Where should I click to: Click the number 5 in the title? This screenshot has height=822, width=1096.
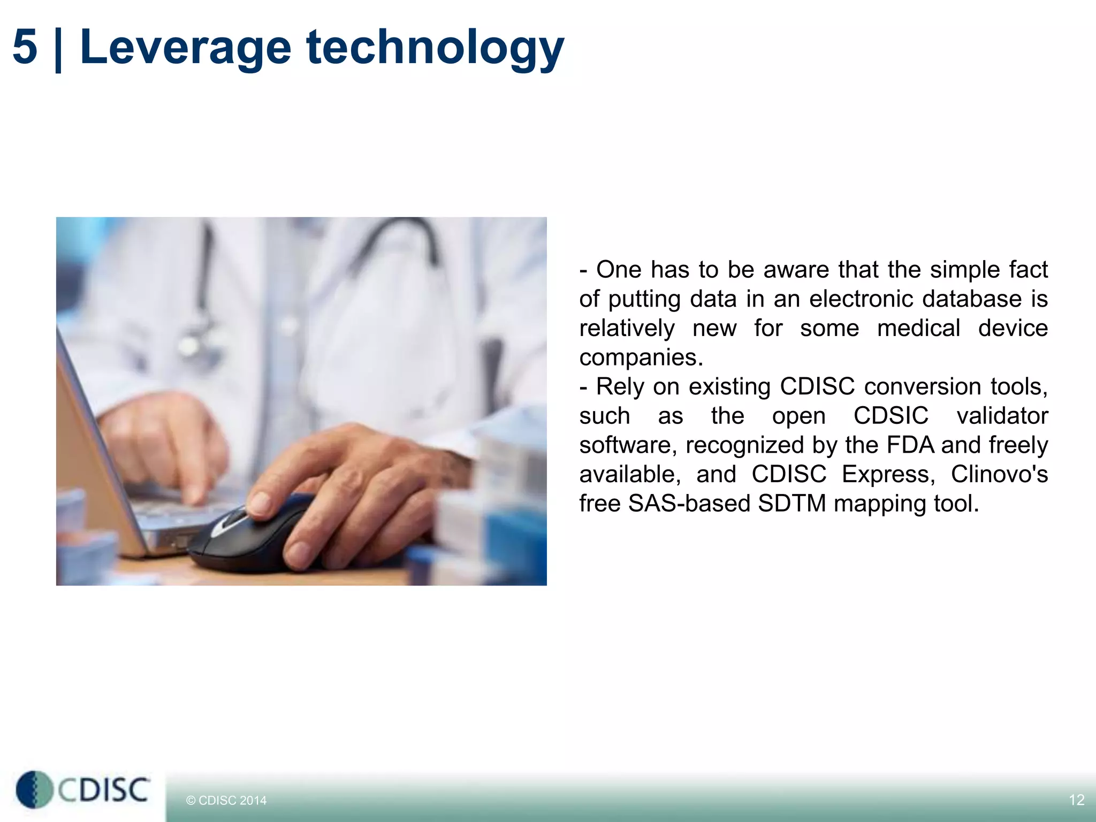(x=25, y=47)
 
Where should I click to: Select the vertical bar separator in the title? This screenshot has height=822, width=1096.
(x=58, y=49)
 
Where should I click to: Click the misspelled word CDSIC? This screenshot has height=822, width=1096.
(x=890, y=416)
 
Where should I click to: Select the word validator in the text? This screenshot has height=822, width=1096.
(x=1002, y=416)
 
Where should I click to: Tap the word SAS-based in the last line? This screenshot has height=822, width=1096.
(x=689, y=504)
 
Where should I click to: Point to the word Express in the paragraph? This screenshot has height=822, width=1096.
(x=887, y=474)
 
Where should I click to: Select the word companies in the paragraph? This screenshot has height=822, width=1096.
(x=641, y=357)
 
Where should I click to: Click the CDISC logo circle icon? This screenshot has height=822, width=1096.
(x=33, y=789)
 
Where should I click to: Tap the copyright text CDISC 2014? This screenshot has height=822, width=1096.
(x=226, y=801)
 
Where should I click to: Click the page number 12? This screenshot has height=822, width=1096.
(x=1076, y=800)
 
